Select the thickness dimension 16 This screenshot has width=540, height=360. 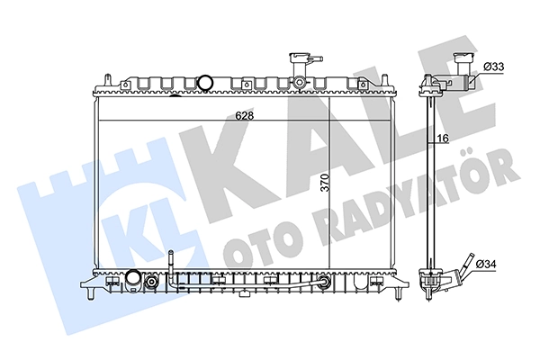(x=443, y=139)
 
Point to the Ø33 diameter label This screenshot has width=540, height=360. (x=494, y=67)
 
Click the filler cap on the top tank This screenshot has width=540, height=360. (x=299, y=63)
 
